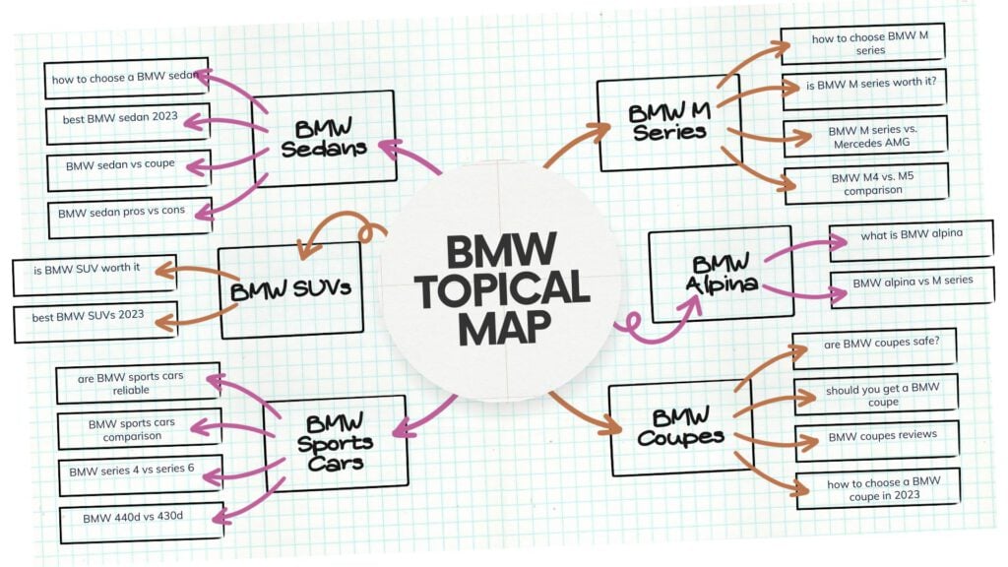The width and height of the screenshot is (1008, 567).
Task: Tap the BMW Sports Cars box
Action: tap(335, 442)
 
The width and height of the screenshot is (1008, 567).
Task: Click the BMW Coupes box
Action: tap(679, 427)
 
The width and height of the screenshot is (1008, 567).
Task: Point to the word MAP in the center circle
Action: tap(503, 328)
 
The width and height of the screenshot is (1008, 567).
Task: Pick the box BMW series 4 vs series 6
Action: tap(132, 473)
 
